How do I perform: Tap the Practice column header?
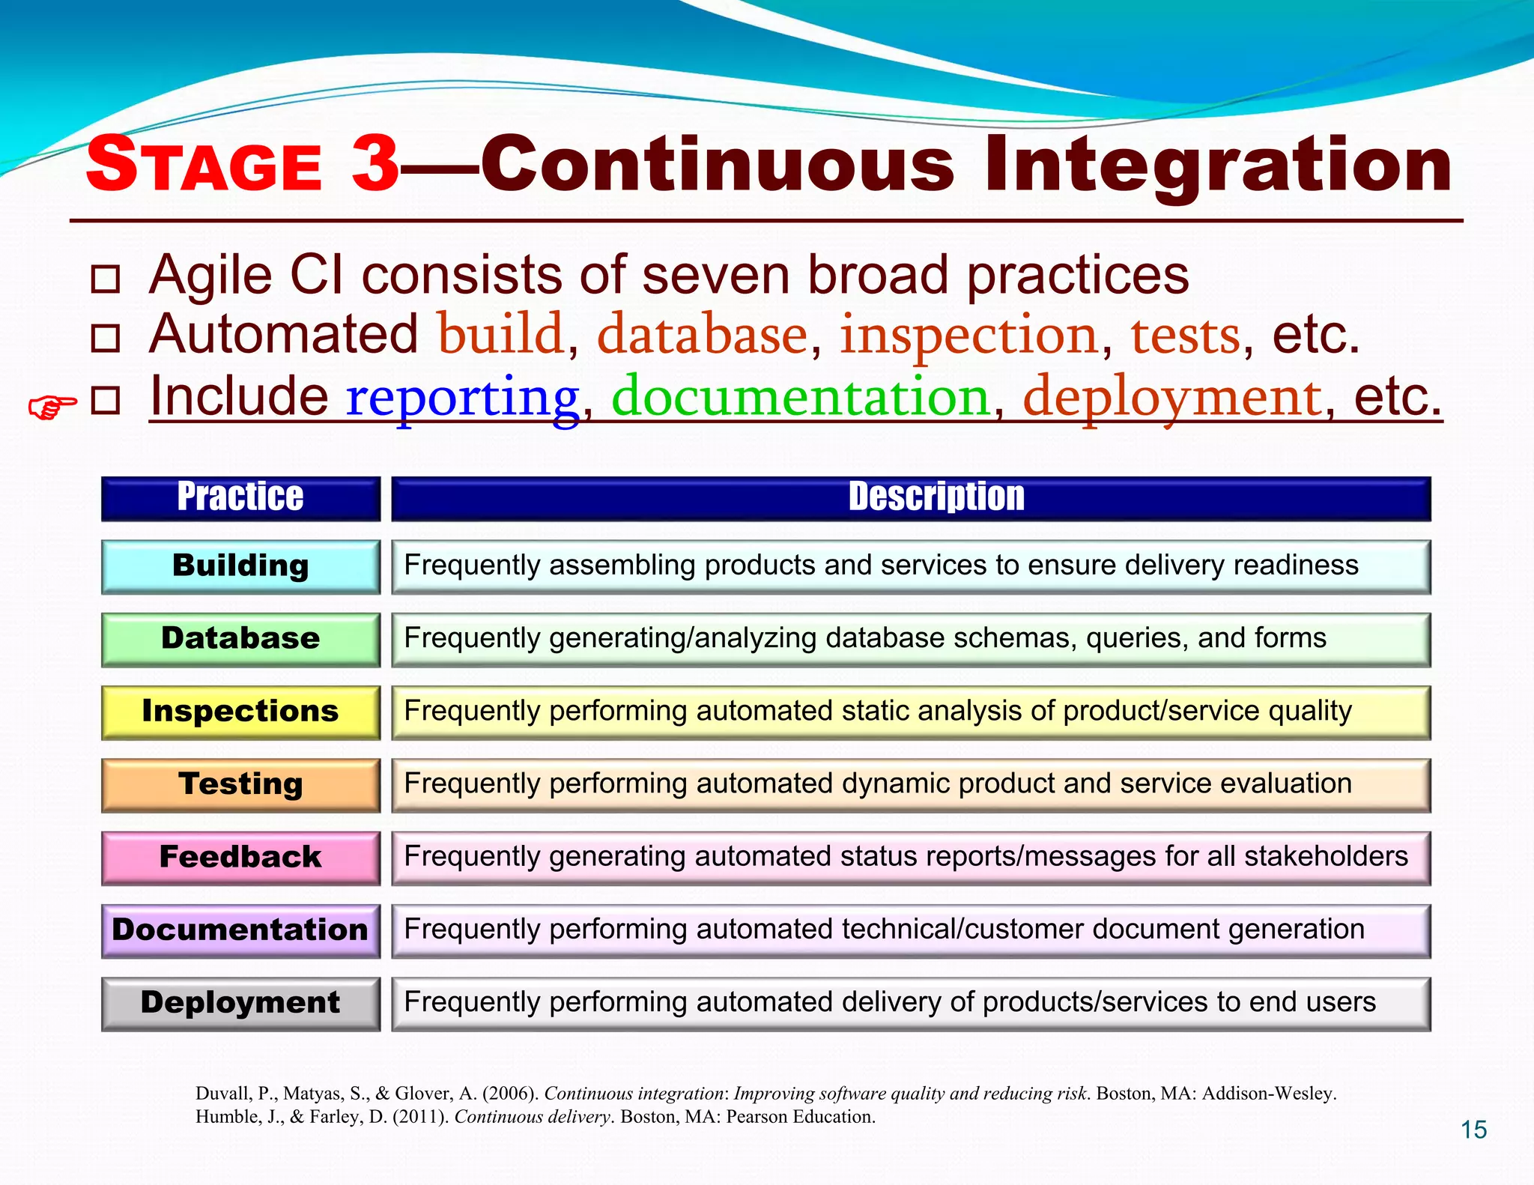(x=240, y=498)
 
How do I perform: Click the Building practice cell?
(x=240, y=566)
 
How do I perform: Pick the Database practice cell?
(x=240, y=639)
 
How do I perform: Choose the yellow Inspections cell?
(x=240, y=712)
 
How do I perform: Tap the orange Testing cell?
(x=240, y=784)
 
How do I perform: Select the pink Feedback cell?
(x=240, y=857)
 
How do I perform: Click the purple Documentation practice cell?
(x=240, y=930)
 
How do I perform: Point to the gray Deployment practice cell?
(x=240, y=1003)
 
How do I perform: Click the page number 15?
(x=1473, y=1130)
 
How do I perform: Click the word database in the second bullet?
(x=702, y=335)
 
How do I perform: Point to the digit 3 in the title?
(x=375, y=163)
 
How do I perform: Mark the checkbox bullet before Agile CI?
(x=105, y=279)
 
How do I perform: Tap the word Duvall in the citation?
(x=222, y=1094)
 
